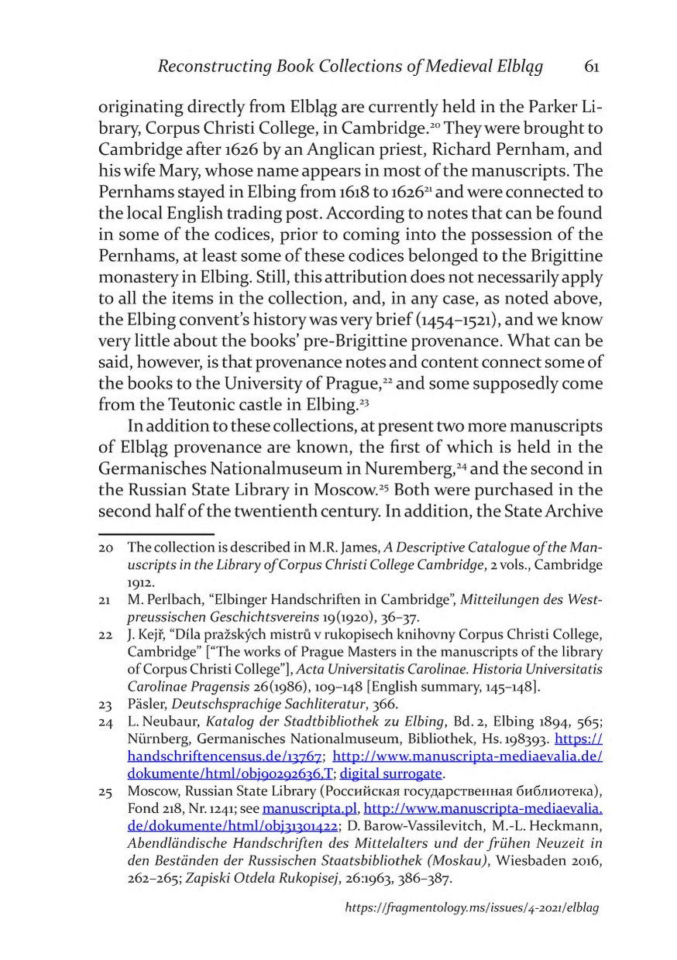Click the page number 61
pos(591,67)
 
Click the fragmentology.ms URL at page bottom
pos(472,929)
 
